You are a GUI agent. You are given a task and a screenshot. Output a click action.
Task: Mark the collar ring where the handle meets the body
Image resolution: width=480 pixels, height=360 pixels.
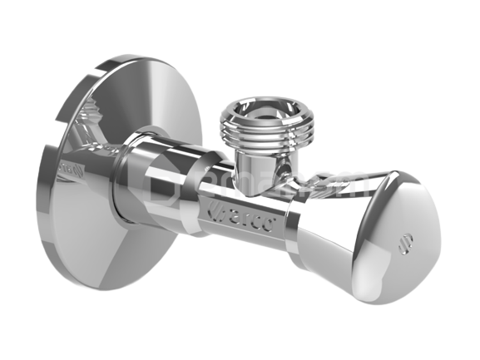tap(296, 218)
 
